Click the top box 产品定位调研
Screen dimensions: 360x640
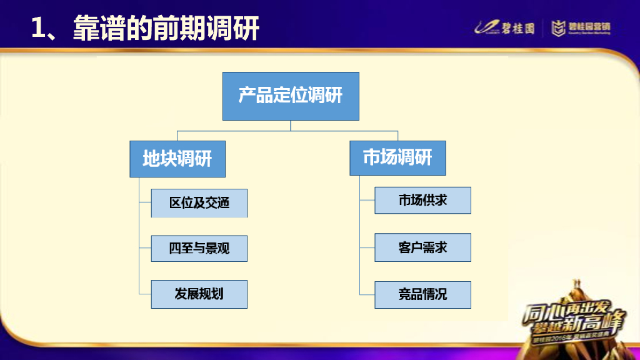coord(291,96)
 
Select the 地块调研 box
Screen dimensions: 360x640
coord(177,159)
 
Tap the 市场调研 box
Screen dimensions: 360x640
coord(397,157)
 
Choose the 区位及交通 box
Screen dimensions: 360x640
coord(199,203)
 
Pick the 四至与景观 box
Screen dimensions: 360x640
coord(199,248)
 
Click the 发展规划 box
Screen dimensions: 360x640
coord(199,294)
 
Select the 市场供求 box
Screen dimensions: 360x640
coord(422,200)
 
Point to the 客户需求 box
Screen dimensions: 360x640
coord(422,247)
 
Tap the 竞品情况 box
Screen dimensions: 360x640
coord(422,294)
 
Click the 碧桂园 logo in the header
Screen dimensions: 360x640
coord(505,27)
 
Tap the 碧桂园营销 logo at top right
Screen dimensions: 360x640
coord(581,27)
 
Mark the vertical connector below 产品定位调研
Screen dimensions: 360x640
coord(291,126)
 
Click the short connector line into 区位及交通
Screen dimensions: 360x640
coord(145,203)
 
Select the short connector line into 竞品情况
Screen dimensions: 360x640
coord(367,294)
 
